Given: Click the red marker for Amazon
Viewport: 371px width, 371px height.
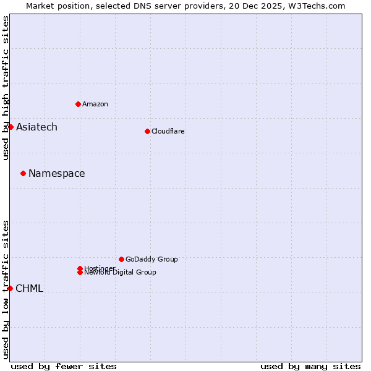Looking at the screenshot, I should tap(78, 104).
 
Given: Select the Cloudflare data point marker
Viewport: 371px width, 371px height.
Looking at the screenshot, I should tap(147, 131).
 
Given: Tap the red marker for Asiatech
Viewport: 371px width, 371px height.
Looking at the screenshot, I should tap(11, 127).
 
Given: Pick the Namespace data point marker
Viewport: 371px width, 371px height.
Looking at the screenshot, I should tap(23, 173).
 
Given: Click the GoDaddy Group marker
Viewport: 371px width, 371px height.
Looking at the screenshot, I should tap(121, 259).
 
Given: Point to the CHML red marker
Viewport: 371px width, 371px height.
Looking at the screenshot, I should tap(10, 288).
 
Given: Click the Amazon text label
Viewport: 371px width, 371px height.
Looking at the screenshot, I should tap(95, 104).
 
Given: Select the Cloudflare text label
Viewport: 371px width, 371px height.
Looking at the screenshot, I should tap(168, 131).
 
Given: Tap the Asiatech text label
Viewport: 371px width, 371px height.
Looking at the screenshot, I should tap(36, 127).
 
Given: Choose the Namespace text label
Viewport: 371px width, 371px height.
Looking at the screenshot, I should tap(57, 174).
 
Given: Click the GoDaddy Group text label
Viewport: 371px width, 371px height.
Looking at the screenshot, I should tap(151, 259).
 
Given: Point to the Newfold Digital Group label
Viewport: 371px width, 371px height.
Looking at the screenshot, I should tap(121, 272).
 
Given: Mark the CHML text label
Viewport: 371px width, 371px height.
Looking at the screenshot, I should tap(29, 289).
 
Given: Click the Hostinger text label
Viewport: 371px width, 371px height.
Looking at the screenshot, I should tap(100, 268).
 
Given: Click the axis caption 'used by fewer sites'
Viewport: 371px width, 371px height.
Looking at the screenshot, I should tap(64, 366).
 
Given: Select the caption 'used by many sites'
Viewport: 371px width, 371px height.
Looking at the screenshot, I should tap(310, 366).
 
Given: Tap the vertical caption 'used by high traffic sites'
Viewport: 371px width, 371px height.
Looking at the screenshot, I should tap(6, 88).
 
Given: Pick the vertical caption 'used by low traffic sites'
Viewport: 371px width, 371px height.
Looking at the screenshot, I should tap(6, 289).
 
